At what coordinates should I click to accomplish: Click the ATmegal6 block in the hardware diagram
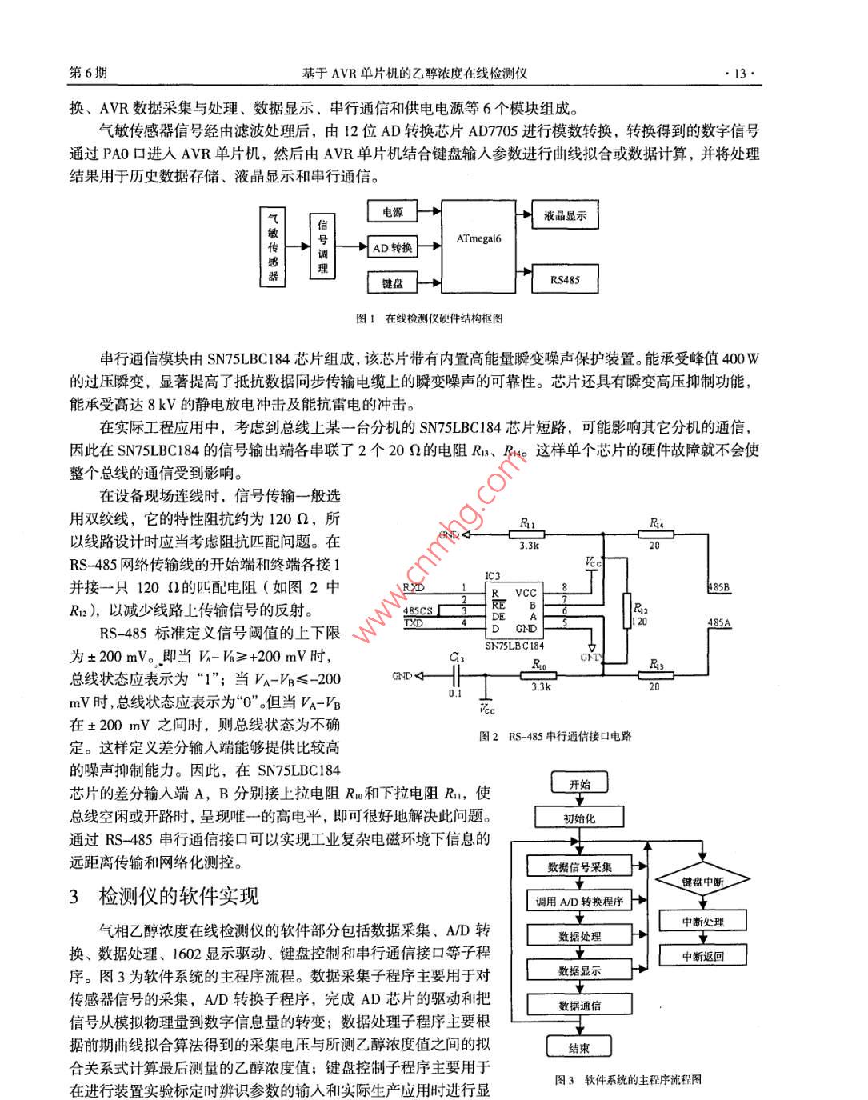pyautogui.click(x=479, y=247)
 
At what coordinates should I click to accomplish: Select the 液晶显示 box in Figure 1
pyautogui.click(x=565, y=215)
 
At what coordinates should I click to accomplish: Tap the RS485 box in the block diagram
pyautogui.click(x=565, y=279)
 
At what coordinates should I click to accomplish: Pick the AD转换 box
pyautogui.click(x=392, y=248)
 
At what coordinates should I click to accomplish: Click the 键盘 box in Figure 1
pyautogui.click(x=392, y=283)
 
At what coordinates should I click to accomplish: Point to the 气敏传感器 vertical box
pyautogui.click(x=274, y=247)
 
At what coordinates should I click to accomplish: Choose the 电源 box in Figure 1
pyautogui.click(x=392, y=212)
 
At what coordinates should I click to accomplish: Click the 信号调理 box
pyautogui.click(x=322, y=247)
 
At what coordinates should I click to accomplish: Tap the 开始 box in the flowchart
pyautogui.click(x=579, y=784)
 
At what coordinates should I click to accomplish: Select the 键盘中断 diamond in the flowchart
pyautogui.click(x=702, y=882)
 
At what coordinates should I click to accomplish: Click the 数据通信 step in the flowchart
pyautogui.click(x=579, y=1006)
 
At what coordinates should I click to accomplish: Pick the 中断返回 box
pyautogui.click(x=702, y=955)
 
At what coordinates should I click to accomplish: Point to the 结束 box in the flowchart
pyautogui.click(x=579, y=1048)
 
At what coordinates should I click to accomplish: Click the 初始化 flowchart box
pyautogui.click(x=579, y=818)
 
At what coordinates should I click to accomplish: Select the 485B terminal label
pyautogui.click(x=719, y=588)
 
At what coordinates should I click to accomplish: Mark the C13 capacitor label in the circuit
pyautogui.click(x=456, y=658)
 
